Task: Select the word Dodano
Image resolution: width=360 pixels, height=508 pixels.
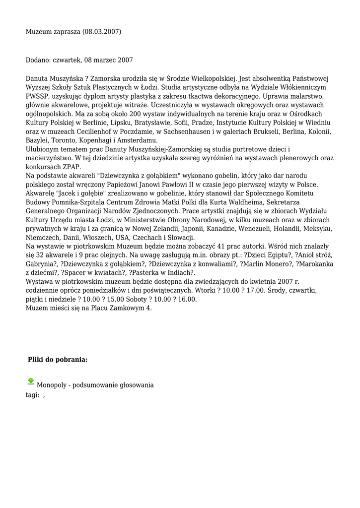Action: [38, 60]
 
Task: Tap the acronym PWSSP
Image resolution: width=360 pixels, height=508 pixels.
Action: [39, 96]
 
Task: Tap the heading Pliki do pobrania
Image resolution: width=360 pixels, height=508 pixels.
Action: [58, 359]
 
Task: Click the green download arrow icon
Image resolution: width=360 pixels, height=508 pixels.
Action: [31, 381]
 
